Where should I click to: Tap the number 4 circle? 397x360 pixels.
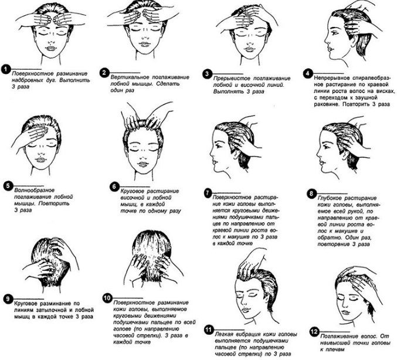pos(308,74)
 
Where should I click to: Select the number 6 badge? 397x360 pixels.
pos(114,187)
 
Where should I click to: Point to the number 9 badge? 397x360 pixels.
pos(8,299)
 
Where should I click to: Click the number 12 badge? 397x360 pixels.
pos(314,332)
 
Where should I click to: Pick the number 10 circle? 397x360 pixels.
pos(107,298)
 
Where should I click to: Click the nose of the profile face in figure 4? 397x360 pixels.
pos(326,40)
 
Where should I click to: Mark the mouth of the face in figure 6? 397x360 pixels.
pos(142,165)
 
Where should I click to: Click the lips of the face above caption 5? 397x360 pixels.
pos(40,160)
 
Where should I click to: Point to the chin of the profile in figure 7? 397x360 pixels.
pos(216,169)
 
